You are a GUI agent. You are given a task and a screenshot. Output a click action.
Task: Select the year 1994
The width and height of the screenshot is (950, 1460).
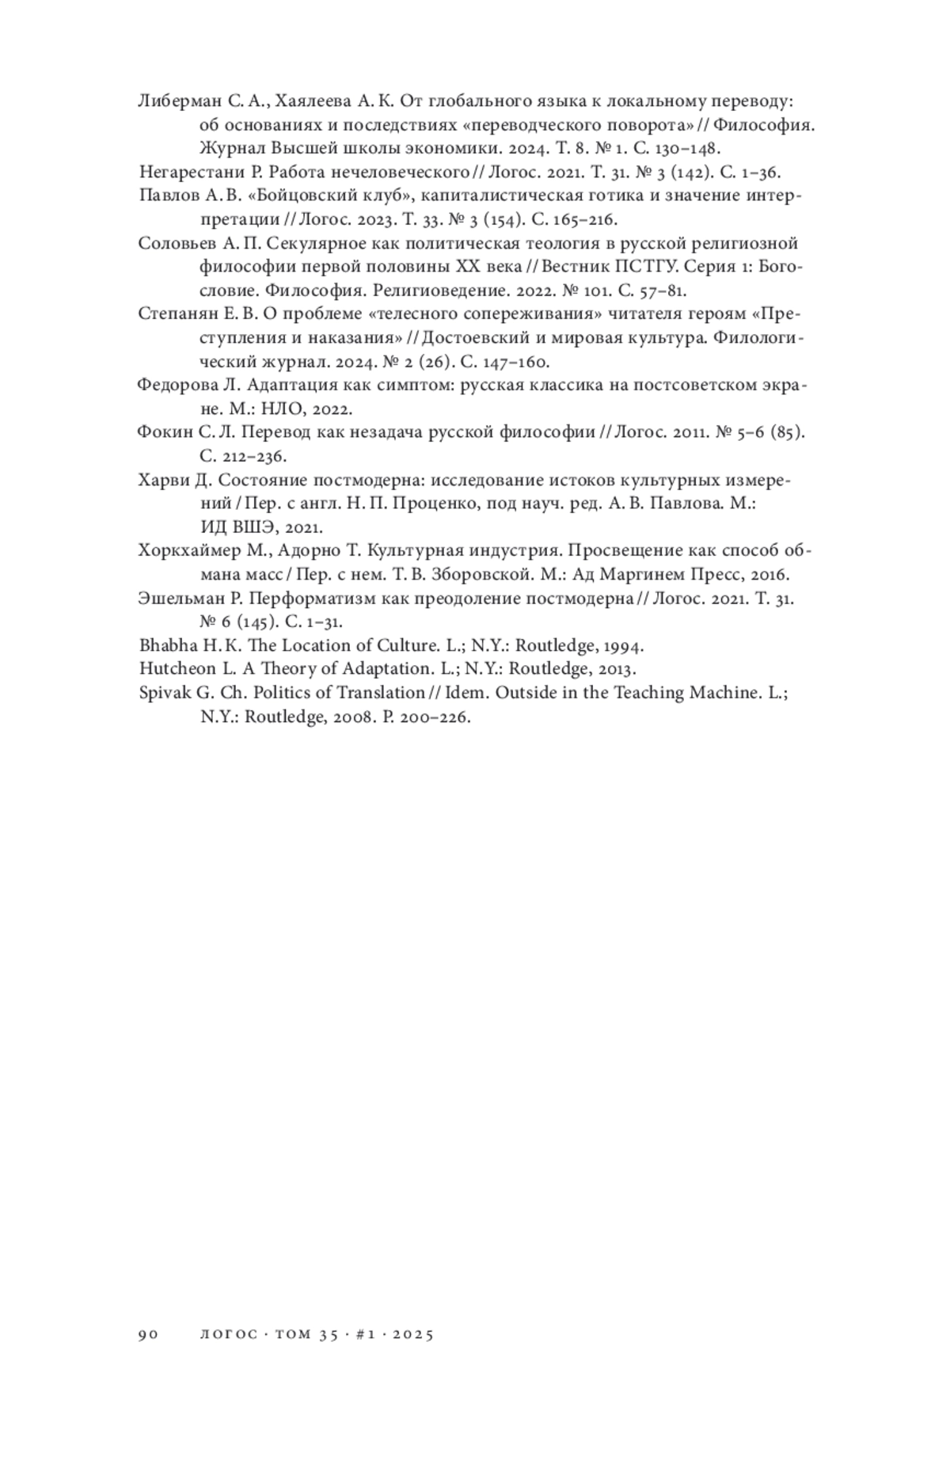point(621,645)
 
